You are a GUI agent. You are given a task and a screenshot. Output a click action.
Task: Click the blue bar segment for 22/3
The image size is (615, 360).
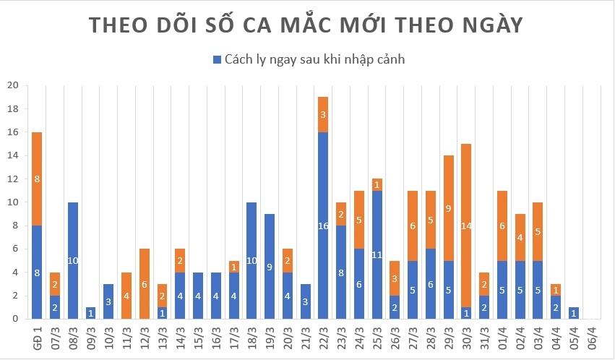click(323, 225)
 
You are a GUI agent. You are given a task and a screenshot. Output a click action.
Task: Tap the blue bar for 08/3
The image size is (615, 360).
click(72, 260)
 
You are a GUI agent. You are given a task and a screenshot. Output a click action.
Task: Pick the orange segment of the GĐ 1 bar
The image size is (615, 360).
click(37, 179)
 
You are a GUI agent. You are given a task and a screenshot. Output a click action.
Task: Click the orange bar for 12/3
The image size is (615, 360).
click(145, 283)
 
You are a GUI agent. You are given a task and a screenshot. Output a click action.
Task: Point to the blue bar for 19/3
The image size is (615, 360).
click(270, 266)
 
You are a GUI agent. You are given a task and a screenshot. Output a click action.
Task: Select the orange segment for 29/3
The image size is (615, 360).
click(449, 207)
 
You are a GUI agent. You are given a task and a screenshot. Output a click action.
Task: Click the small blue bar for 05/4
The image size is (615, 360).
click(574, 313)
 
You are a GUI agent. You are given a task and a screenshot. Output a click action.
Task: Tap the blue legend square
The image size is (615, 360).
click(216, 59)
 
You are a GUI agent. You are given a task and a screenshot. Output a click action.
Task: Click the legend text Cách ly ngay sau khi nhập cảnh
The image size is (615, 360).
click(314, 59)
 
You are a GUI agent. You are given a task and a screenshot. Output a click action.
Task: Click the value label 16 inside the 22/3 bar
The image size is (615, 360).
click(323, 226)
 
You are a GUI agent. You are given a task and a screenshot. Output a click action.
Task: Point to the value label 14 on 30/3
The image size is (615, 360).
click(466, 226)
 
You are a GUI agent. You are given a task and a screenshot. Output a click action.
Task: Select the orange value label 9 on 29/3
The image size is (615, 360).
click(449, 208)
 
